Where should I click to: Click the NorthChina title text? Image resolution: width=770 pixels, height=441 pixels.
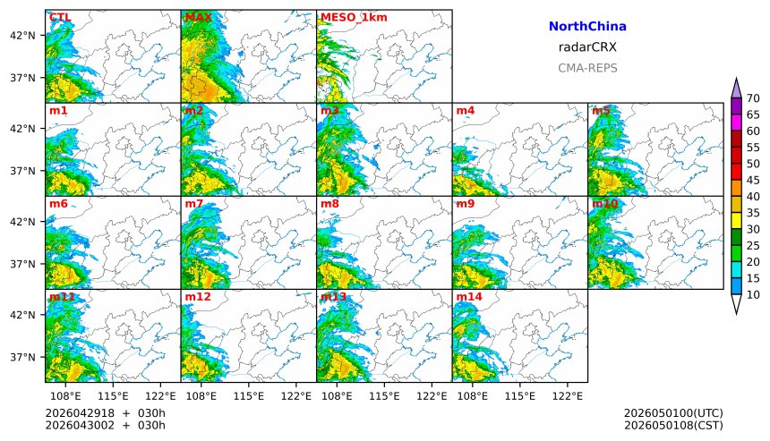click(x=587, y=27)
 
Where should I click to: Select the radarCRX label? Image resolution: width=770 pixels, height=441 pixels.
click(x=587, y=47)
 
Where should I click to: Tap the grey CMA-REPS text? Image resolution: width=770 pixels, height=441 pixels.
click(x=587, y=68)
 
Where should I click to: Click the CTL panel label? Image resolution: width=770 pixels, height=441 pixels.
click(x=60, y=17)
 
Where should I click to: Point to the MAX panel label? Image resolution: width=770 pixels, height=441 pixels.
click(x=198, y=17)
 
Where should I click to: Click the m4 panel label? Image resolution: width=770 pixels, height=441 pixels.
click(x=465, y=111)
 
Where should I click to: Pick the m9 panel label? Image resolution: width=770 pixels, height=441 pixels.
click(x=465, y=204)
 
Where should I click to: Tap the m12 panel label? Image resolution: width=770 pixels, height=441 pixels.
click(x=198, y=297)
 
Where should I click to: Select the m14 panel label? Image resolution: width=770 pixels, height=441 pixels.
click(x=469, y=297)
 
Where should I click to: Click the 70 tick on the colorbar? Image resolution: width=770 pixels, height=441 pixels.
click(x=753, y=98)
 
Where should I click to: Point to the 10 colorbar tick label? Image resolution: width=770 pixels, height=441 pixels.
click(x=753, y=295)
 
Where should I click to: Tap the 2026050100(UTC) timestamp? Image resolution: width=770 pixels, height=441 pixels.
click(x=673, y=412)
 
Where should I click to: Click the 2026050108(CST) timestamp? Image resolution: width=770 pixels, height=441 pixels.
click(x=673, y=425)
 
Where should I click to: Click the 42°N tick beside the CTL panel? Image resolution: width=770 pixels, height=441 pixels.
click(x=22, y=35)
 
